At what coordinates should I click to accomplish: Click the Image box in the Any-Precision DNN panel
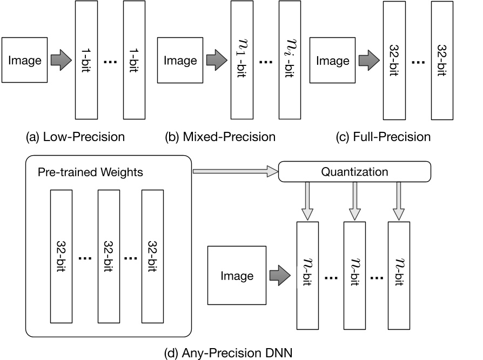(237, 276)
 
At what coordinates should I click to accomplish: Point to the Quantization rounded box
(354, 172)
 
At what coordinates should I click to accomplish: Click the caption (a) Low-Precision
(75, 137)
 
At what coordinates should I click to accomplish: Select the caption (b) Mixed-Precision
(220, 137)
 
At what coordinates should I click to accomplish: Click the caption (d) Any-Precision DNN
(227, 354)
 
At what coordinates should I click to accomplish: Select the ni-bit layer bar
(290, 59)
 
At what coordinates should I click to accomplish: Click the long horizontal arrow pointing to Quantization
(234, 171)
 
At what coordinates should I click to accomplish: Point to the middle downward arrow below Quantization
(354, 201)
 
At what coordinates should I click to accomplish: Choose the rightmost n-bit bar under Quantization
(400, 276)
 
